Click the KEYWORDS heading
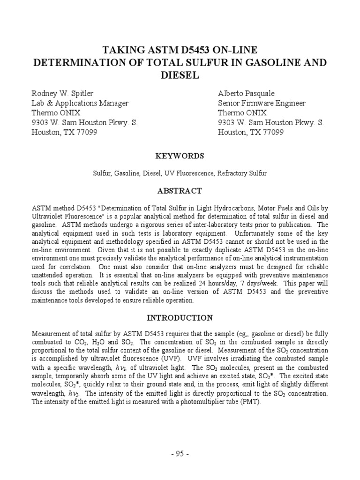180,156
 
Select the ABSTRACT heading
180,191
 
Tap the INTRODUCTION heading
180,318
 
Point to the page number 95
180,454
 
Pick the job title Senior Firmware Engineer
262,103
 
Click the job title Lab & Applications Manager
80,103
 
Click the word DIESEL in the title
180,75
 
